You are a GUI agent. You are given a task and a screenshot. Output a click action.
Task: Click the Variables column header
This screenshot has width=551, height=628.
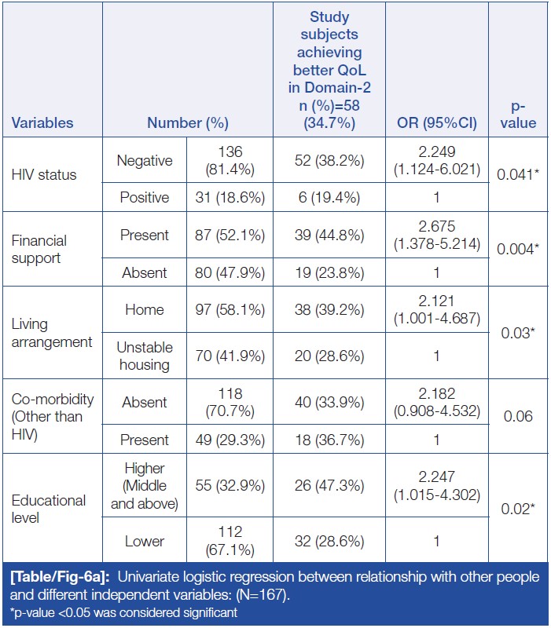pyautogui.click(x=42, y=122)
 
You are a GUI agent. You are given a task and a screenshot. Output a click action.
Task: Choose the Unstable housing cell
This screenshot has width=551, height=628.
pyautogui.click(x=145, y=356)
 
